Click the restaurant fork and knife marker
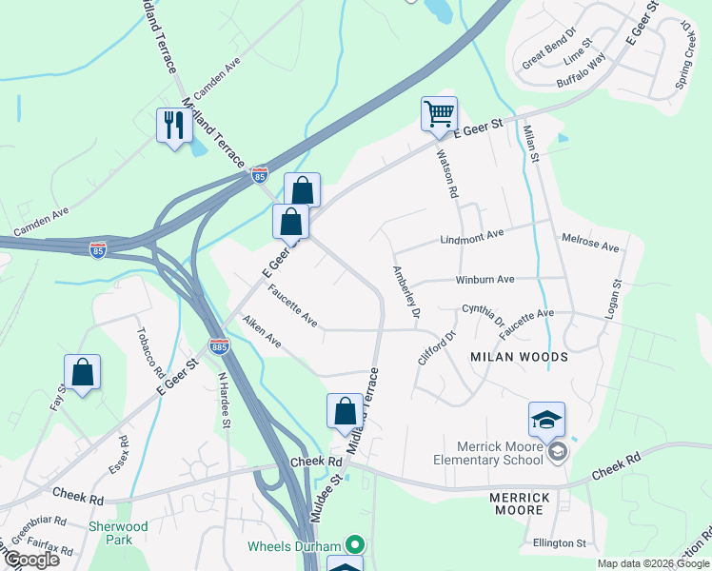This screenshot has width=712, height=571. [x=173, y=125]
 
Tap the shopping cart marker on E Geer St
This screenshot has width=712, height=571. [x=439, y=113]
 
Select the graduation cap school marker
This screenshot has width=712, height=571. [x=547, y=419]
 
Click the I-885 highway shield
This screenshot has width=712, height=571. [x=219, y=347]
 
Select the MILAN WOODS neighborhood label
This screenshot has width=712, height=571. [x=519, y=357]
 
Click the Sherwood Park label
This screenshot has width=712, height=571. [x=119, y=533]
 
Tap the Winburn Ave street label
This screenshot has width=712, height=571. [x=485, y=280]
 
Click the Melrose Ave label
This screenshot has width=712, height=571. [x=590, y=244]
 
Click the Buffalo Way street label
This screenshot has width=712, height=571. [x=581, y=71]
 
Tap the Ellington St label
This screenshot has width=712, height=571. [x=561, y=542]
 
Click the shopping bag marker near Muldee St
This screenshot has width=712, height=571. [x=345, y=411]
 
